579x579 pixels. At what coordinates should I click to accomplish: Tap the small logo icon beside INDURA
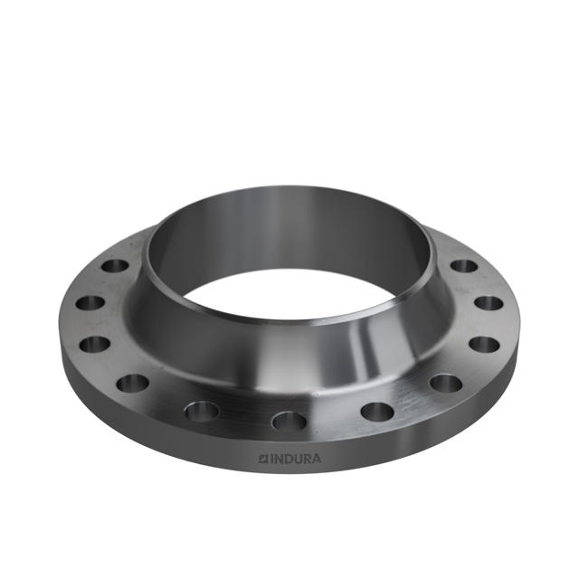[263, 459]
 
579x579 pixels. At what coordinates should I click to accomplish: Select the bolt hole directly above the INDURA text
[289, 421]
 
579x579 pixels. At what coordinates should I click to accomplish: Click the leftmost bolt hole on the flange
[89, 304]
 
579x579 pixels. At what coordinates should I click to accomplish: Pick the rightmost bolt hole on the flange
[489, 303]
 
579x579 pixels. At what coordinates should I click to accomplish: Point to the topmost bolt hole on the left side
[116, 267]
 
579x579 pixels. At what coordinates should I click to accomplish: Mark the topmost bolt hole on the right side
[464, 266]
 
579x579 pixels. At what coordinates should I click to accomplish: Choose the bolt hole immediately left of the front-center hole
[202, 412]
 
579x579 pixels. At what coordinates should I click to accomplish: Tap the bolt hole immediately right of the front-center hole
[376, 412]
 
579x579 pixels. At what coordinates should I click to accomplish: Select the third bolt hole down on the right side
[484, 344]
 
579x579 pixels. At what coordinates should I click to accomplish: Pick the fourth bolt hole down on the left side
[133, 383]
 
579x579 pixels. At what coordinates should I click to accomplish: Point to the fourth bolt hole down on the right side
[446, 383]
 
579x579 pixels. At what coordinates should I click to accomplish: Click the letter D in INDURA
[289, 459]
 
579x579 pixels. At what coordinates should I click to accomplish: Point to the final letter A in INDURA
[316, 459]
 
